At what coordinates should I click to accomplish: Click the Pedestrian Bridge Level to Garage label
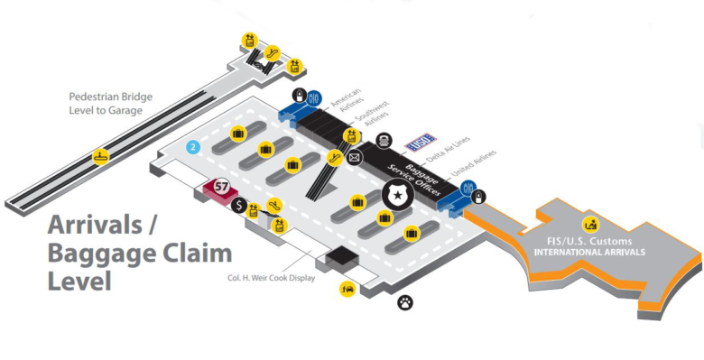tap(111, 104)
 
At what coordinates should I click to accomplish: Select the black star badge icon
tap(395, 192)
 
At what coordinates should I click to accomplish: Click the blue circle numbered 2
tap(192, 147)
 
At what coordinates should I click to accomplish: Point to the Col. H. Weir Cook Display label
tap(271, 278)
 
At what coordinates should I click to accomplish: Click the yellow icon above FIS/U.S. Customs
tap(591, 223)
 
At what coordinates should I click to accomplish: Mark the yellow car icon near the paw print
tap(347, 289)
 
